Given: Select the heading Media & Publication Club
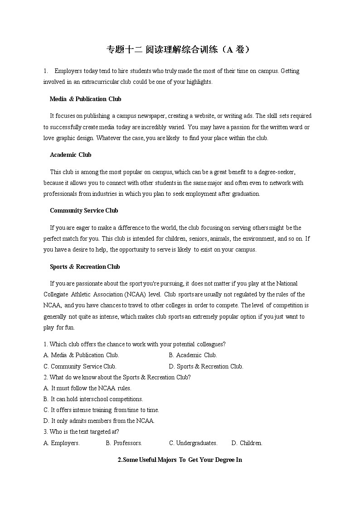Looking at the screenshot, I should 85,99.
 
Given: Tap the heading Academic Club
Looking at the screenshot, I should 70,155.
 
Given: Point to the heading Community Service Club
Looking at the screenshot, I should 84,210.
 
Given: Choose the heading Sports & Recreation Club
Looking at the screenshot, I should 85,267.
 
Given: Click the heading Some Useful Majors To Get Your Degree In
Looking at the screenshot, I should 180,460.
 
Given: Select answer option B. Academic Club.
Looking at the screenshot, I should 193,355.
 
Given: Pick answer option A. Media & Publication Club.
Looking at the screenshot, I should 81,355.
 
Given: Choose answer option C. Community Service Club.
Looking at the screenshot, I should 80,366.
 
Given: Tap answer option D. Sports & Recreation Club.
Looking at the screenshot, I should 206,366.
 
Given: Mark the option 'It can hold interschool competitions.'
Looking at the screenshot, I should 93,399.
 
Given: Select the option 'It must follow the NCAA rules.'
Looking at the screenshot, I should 88,388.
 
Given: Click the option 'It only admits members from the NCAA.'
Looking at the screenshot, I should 99,421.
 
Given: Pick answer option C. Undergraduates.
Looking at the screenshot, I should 193,443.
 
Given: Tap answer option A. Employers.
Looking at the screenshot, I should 62,443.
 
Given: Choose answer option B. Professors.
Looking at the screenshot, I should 124,443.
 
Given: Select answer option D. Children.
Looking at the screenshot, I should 247,443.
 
